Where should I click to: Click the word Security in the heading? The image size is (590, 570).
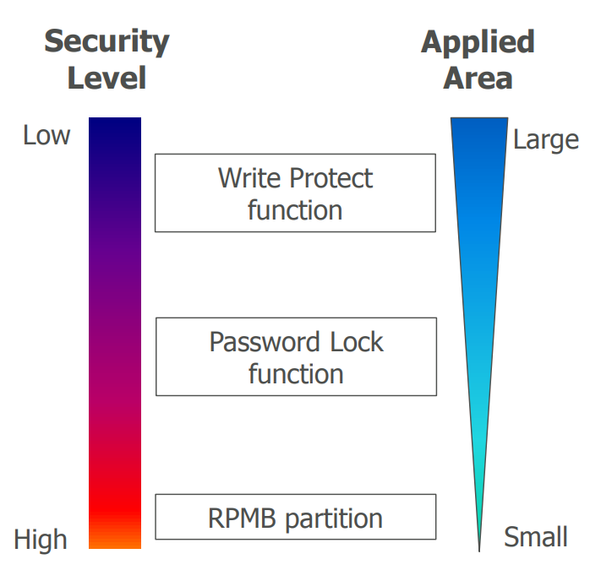tap(107, 41)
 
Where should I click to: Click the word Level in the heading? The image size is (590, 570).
tap(107, 79)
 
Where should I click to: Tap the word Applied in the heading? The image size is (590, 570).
tap(478, 41)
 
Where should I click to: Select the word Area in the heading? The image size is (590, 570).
tap(478, 79)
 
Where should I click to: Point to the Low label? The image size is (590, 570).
tap(46, 135)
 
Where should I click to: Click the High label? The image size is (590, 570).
tap(41, 539)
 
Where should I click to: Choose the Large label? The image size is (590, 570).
tap(546, 139)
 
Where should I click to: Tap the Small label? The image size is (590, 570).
tap(536, 536)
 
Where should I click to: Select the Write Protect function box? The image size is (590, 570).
tap(295, 193)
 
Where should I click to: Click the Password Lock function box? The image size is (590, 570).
tap(296, 356)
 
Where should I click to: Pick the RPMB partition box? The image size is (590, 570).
tap(296, 517)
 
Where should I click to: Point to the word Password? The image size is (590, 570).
tap(260, 342)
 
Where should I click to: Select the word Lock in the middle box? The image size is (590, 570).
tap(353, 342)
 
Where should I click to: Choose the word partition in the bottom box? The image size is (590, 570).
tap(332, 518)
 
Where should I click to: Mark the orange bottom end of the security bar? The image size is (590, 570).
tap(115, 540)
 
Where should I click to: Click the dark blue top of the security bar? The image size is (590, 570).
tap(115, 127)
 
